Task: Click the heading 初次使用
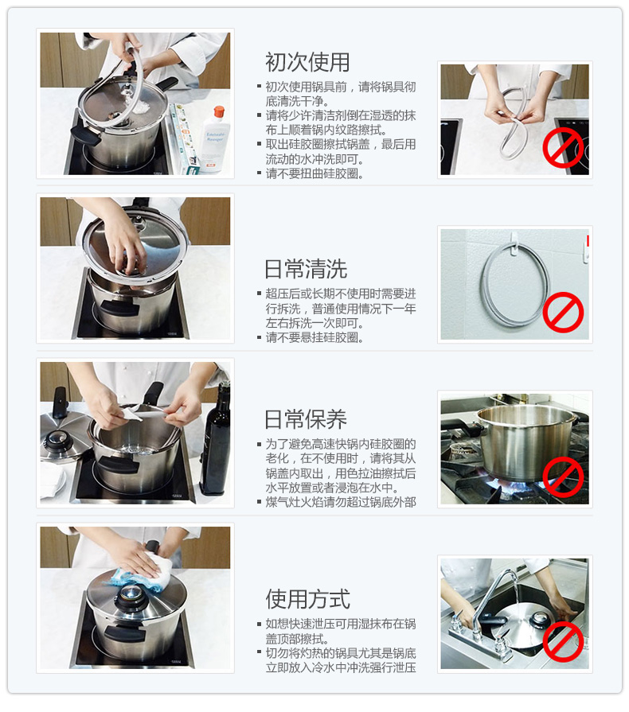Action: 307,62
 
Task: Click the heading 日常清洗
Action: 306,269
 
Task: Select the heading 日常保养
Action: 306,419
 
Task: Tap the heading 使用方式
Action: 307,598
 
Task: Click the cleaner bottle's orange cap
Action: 219,111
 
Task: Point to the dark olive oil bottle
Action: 216,438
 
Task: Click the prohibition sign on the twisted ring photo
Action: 563,148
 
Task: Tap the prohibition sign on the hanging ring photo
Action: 563,313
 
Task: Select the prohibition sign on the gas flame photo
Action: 563,477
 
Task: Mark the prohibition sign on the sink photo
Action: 563,642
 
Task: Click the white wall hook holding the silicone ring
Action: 514,243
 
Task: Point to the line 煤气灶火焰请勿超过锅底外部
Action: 337,502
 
